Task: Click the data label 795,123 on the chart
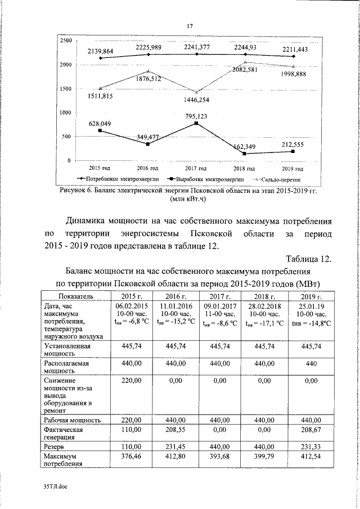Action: (x=196, y=116)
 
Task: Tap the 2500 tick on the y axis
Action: (x=65, y=41)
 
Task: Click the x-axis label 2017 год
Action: (x=196, y=168)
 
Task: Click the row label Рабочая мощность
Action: (x=71, y=420)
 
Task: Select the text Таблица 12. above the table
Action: (x=309, y=259)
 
